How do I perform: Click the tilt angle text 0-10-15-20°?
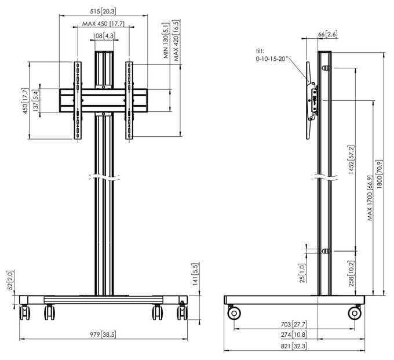click(x=271, y=59)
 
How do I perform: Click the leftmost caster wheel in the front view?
click(x=24, y=312)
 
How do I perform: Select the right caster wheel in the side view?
click(x=355, y=313)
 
